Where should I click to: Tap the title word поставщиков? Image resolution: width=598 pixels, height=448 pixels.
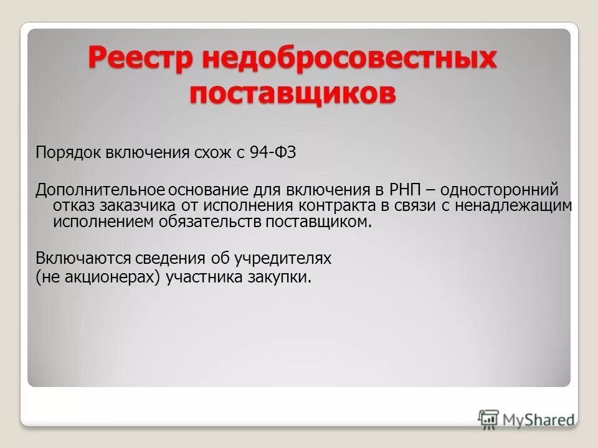(293, 94)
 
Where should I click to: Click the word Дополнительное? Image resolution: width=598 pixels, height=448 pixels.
(100, 189)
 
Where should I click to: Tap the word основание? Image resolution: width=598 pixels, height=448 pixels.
(208, 189)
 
